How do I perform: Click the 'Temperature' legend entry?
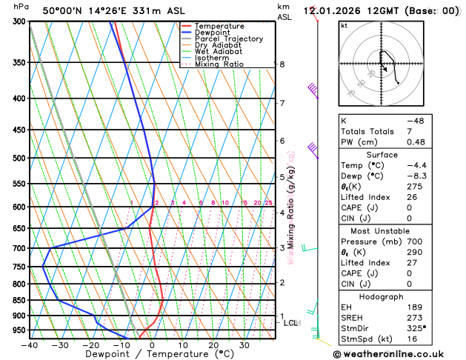pos(219,26)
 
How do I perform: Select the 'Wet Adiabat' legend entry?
pos(217,51)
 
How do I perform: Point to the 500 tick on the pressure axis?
pos(19,158)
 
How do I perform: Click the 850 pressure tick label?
pos(19,300)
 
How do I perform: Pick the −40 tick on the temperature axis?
pos(30,344)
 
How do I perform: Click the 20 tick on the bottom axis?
pos(213,344)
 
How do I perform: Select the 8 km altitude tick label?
pos(282,64)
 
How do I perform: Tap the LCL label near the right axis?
pos(291,323)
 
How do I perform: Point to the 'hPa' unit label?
pos(21,7)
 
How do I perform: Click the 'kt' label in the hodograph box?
pos(344,25)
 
